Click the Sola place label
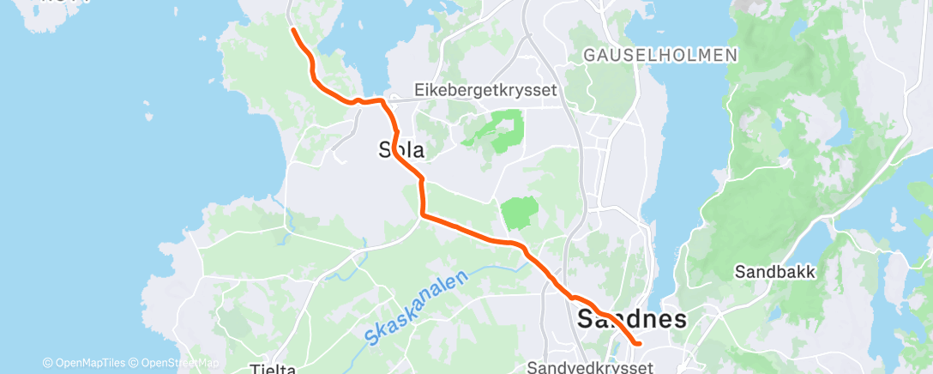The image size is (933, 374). tap(401, 150)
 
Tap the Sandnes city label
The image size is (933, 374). tap(632, 320)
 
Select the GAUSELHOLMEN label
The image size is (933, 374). tap(659, 55)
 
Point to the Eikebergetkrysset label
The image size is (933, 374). tap(485, 89)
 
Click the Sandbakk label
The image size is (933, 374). tap(775, 272)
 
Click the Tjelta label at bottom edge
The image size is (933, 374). tap(273, 370)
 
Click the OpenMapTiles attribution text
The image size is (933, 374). tap(89, 363)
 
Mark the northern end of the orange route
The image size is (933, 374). tap(293, 30)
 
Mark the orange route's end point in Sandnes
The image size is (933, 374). tap(640, 343)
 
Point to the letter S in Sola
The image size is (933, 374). tap(385, 150)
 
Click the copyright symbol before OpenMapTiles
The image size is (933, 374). tap(47, 363)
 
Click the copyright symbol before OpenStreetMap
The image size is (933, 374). tap(135, 363)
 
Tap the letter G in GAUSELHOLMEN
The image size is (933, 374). tap(589, 55)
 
